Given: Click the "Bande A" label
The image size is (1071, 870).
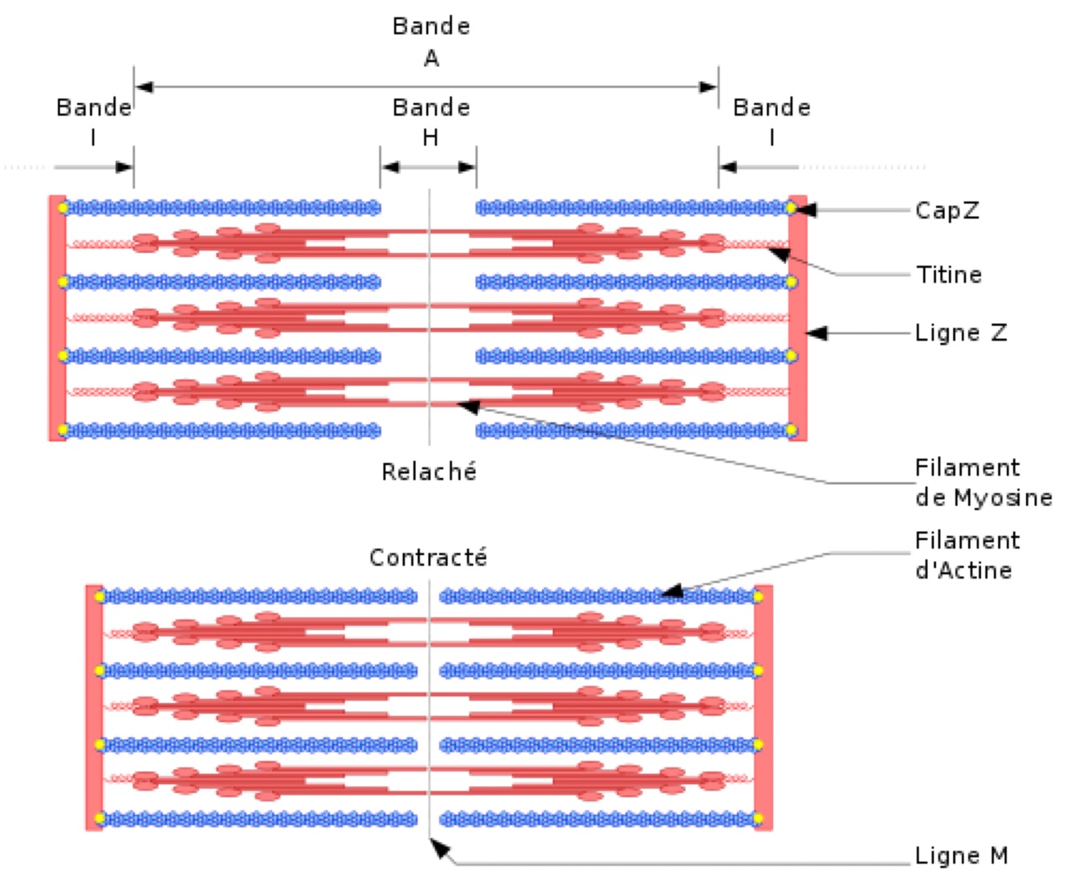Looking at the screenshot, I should pos(431,42).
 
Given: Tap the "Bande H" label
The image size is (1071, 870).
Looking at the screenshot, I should pos(431,121).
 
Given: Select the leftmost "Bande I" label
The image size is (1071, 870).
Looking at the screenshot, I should pos(93,121).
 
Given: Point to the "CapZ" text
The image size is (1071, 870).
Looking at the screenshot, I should pos(947,210).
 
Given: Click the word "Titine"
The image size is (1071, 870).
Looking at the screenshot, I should pos(950,275).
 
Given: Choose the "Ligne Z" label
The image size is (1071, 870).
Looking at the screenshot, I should pos(961,333).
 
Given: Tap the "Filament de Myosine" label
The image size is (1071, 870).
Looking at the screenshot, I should pos(983,482).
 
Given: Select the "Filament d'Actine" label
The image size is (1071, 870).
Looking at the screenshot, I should pos(967,555).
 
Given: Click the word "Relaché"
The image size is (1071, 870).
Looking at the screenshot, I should pos(429,472).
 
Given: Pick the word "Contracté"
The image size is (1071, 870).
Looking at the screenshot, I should pos(428,557).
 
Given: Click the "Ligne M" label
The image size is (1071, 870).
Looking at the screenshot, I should pos(961,856).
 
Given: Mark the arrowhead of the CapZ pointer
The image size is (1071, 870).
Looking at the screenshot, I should pos(806,210).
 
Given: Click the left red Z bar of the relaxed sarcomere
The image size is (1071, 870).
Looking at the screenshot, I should pos(57,318).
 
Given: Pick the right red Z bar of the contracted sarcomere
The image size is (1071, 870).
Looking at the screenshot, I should pos(764,707).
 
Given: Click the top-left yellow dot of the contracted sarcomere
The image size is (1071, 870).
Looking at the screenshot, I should pos(100,597).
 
